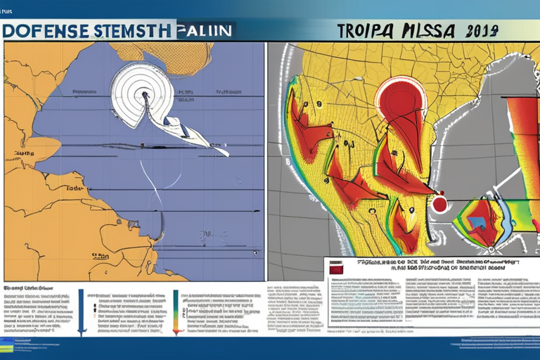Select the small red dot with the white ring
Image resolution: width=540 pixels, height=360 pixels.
tap(440, 204)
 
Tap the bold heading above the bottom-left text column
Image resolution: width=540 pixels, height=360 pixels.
tap(28, 288)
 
